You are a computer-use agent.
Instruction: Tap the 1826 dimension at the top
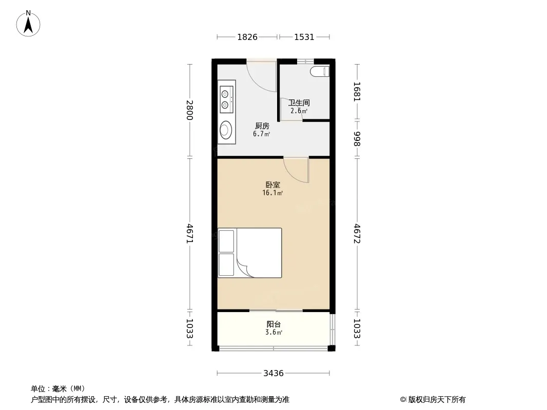click(x=247, y=37)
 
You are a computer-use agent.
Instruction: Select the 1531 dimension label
click(x=304, y=37)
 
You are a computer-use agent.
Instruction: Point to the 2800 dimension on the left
click(x=189, y=110)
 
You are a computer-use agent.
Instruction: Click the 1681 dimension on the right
click(x=357, y=92)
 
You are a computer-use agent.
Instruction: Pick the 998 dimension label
click(x=357, y=139)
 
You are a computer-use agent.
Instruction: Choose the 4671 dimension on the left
click(x=189, y=233)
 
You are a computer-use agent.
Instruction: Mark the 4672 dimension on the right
click(x=357, y=233)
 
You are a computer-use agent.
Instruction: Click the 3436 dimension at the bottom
click(x=273, y=374)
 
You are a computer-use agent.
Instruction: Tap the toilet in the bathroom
click(x=320, y=71)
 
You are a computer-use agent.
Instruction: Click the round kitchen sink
click(x=226, y=130)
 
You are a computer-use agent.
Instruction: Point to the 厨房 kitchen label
click(x=262, y=126)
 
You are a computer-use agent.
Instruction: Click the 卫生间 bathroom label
click(x=299, y=103)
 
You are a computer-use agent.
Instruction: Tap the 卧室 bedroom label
click(x=273, y=184)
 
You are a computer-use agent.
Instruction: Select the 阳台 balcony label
click(x=273, y=324)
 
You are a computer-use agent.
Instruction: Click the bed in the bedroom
click(x=250, y=253)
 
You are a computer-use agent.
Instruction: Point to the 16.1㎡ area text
click(x=272, y=193)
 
